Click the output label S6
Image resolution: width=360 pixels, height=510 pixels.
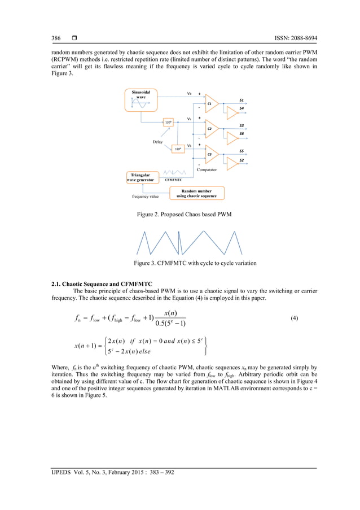coord(241,134)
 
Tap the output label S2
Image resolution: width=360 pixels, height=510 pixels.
coord(241,160)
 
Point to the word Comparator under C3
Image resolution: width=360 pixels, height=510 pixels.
coord(207,169)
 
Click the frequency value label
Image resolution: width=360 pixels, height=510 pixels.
coord(145,197)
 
